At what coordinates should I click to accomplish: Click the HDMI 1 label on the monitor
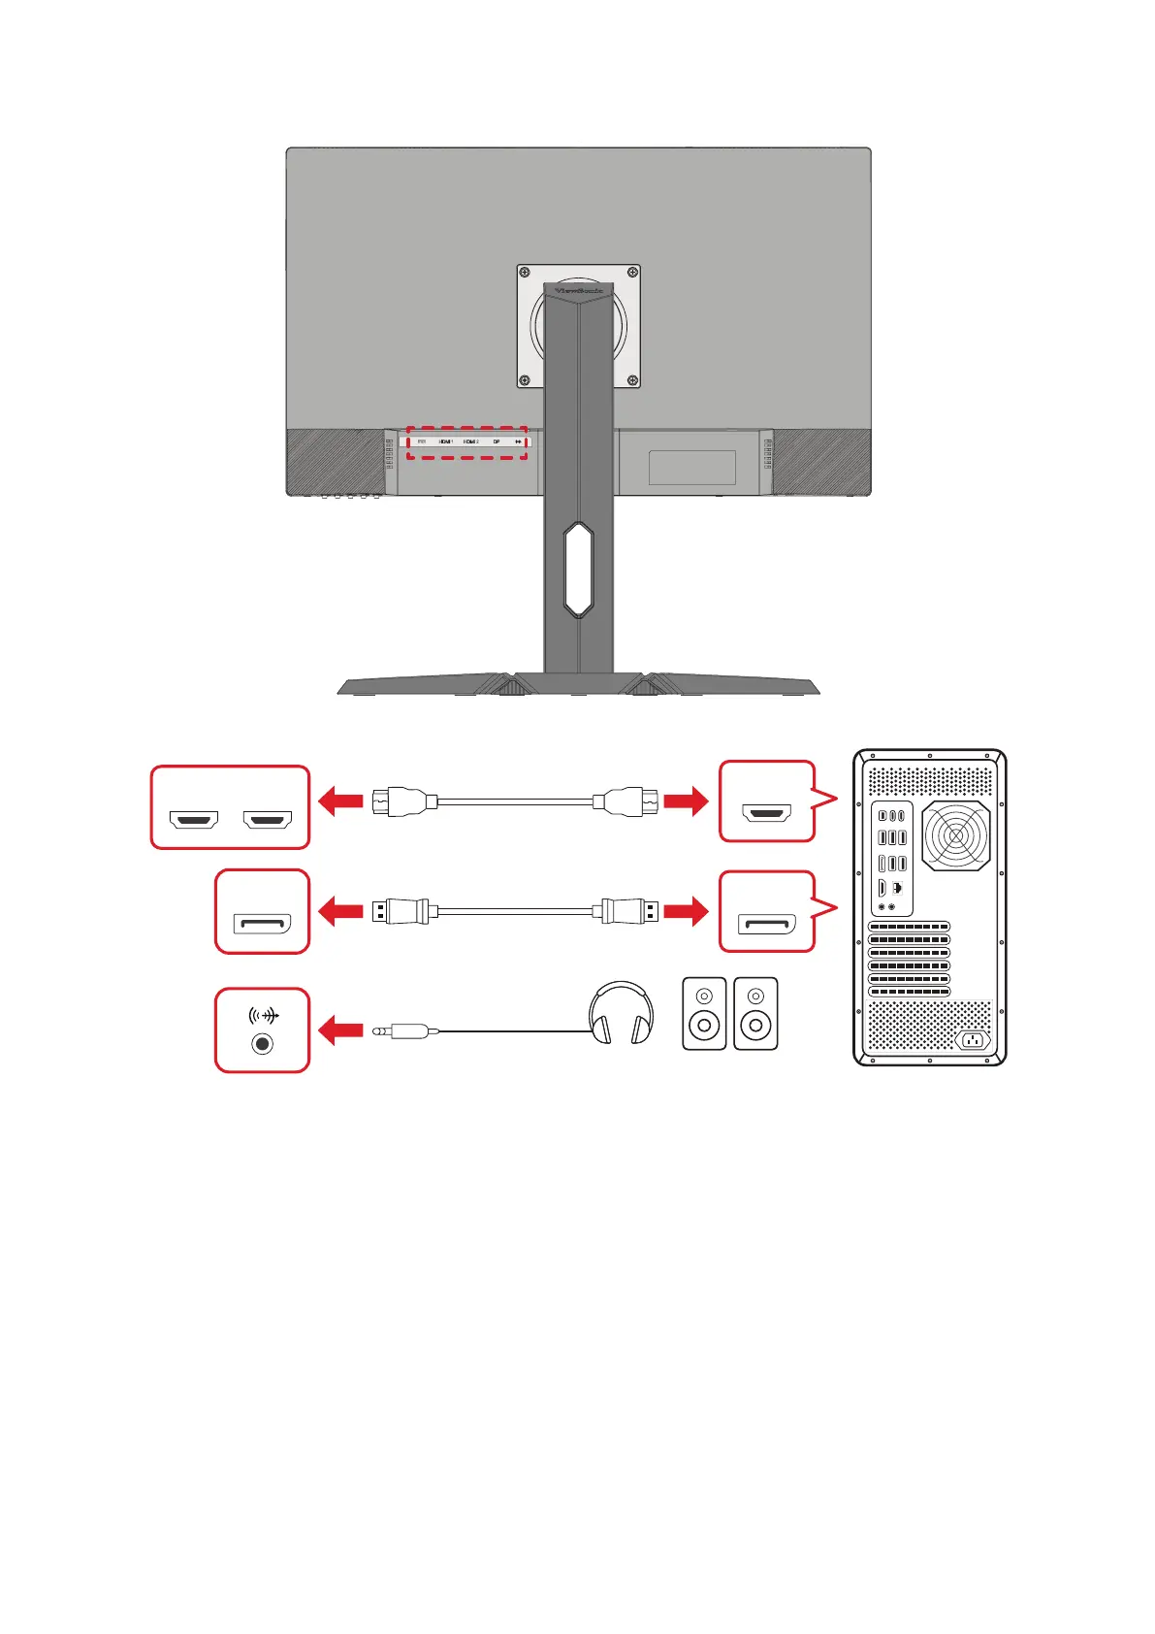click(446, 441)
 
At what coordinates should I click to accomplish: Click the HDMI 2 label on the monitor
click(471, 441)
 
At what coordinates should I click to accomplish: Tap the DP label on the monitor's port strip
click(497, 441)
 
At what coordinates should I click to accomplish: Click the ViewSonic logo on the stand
click(578, 290)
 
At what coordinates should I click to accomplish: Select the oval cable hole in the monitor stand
click(578, 570)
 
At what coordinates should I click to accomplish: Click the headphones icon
click(621, 1013)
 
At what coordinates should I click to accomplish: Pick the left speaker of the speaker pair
click(704, 1013)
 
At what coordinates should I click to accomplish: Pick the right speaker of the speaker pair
click(755, 1013)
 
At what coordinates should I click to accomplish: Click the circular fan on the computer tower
click(956, 835)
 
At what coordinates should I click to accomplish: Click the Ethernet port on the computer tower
click(898, 888)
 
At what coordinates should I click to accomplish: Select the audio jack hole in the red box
click(262, 1044)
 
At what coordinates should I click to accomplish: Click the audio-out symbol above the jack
click(263, 1016)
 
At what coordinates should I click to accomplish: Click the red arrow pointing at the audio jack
click(339, 1031)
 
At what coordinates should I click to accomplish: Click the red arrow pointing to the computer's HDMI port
click(686, 801)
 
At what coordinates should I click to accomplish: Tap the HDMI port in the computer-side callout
click(766, 813)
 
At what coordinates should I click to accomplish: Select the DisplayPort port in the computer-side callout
click(766, 924)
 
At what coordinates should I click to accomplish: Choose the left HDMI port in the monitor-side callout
click(194, 820)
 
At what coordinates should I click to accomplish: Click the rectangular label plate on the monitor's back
click(691, 468)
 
